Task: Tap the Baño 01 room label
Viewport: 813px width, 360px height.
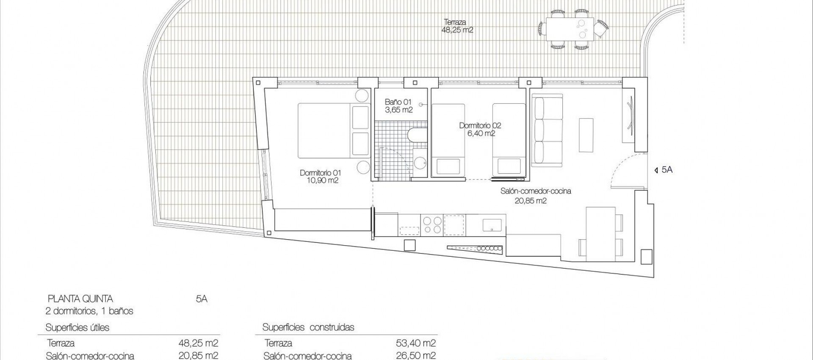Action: [398, 106]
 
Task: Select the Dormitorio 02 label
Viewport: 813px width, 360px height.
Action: [480, 129]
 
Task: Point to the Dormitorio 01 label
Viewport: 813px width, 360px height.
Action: [321, 177]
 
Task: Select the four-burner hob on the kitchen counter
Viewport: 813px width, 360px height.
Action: [432, 224]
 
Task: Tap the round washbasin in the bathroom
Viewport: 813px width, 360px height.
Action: [420, 163]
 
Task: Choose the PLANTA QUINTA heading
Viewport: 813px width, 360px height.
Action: [80, 299]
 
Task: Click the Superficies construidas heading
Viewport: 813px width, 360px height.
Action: [308, 327]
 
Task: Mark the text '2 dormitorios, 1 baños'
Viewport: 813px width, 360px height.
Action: [89, 311]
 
